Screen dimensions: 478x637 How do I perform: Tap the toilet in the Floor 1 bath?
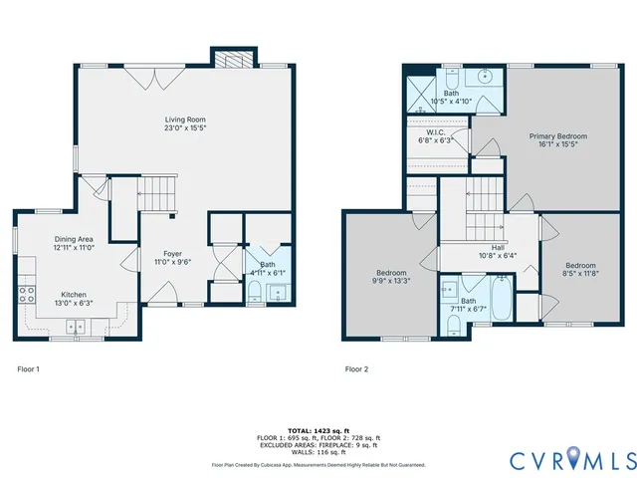click(254, 291)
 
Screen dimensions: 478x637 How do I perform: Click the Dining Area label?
click(74, 239)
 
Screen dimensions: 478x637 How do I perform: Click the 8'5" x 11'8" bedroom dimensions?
click(579, 273)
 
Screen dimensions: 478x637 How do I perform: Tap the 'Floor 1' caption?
click(29, 369)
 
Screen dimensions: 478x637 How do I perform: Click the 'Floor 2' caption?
click(356, 369)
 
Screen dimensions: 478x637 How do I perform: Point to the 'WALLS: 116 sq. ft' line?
click(318, 451)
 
